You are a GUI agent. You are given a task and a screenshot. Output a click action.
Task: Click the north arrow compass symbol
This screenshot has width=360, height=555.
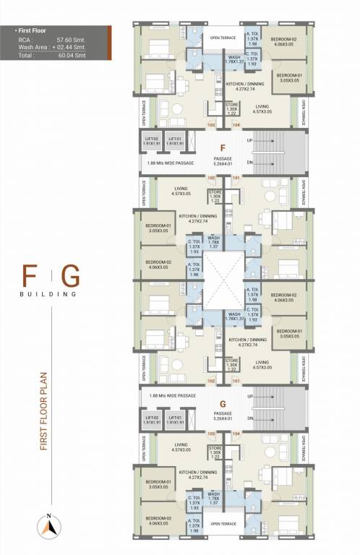[x=49, y=525]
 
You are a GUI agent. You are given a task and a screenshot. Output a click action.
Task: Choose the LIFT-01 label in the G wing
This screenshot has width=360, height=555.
[x=174, y=418]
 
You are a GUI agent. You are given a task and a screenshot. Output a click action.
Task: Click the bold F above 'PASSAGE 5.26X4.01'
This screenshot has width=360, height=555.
[x=223, y=147]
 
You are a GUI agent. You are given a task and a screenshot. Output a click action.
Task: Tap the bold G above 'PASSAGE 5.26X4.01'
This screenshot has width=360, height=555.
[x=223, y=404]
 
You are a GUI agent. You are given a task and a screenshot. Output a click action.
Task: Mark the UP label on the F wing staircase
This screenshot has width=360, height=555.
[x=249, y=140]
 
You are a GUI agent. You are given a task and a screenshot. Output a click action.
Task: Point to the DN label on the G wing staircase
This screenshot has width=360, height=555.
[x=249, y=418]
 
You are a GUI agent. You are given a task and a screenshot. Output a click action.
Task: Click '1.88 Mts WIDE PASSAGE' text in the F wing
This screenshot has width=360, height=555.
[x=171, y=163]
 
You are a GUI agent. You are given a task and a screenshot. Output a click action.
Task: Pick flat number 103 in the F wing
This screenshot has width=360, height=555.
[x=212, y=125]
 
